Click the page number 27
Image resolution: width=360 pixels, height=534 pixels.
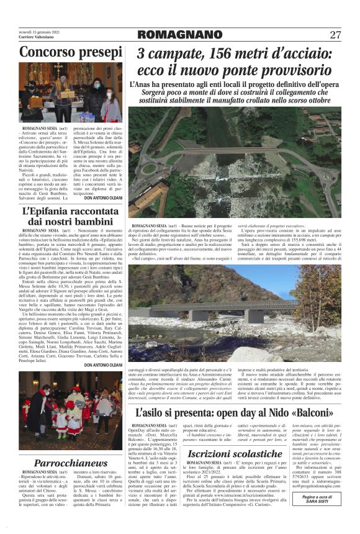335,35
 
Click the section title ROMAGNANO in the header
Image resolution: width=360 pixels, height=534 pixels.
180,35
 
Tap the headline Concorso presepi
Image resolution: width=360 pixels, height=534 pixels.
70,53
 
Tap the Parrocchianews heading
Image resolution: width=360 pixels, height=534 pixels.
70,463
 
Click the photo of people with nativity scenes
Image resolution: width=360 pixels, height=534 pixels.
70,92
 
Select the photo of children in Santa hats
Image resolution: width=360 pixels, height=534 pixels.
70,421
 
